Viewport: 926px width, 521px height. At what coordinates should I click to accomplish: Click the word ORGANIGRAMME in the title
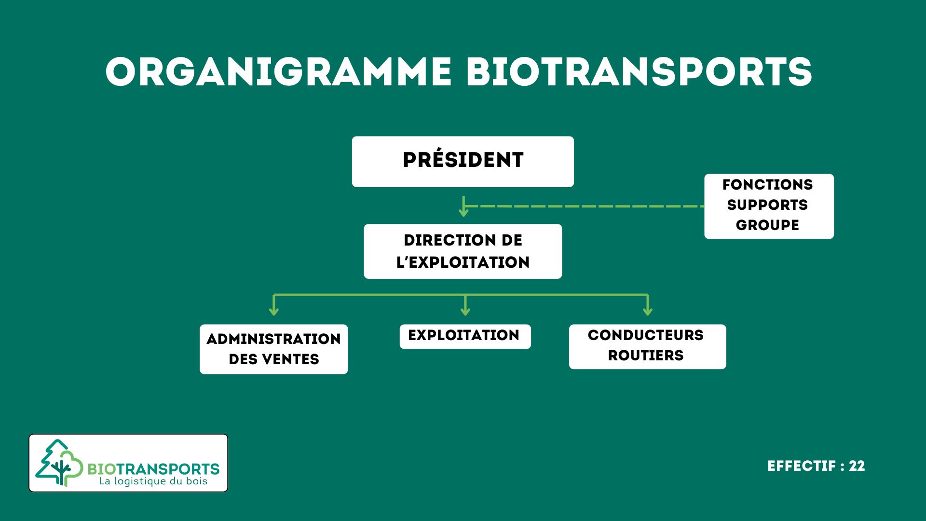point(278,72)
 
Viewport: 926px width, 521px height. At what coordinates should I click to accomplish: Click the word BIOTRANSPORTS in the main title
point(639,72)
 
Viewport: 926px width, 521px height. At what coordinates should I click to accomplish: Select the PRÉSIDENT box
point(463,162)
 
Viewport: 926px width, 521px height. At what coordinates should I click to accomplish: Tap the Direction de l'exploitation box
point(463,251)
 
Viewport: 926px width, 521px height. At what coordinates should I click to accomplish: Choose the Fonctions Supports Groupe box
point(768,206)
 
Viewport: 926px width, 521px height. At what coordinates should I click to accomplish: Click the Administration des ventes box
point(273,349)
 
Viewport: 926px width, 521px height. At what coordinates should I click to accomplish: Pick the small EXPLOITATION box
point(465,336)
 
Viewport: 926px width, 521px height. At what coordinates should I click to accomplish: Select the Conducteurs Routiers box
point(647,346)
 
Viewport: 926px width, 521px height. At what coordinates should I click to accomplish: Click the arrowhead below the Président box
point(463,212)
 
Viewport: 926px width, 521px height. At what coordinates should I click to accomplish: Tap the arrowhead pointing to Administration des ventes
point(274,312)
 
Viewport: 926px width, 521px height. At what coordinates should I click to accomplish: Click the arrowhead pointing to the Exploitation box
point(465,312)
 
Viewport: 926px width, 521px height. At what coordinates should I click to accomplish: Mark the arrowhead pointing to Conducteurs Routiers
point(648,312)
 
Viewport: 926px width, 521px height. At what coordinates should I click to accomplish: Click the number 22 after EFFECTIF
point(857,466)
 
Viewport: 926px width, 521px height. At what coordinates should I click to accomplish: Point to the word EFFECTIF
point(801,466)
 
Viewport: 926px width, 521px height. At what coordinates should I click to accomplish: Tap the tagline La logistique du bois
point(153,481)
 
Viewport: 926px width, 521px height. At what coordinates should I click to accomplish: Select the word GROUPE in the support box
point(767,225)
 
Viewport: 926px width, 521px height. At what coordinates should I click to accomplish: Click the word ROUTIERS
point(645,356)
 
